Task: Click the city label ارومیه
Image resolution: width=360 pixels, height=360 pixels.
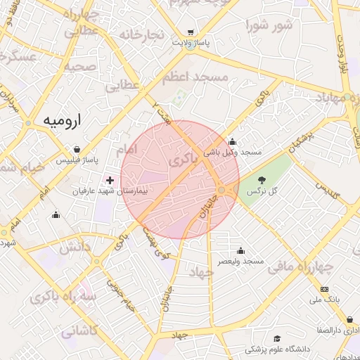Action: click(x=63, y=120)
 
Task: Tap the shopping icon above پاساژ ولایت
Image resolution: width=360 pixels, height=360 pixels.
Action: click(x=191, y=32)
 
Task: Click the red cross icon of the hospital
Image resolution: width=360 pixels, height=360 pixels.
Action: click(x=110, y=181)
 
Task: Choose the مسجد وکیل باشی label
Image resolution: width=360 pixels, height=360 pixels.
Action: click(x=233, y=152)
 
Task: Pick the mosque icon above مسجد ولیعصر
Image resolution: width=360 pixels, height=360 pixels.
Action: click(x=241, y=250)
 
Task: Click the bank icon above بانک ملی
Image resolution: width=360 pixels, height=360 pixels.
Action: click(x=324, y=289)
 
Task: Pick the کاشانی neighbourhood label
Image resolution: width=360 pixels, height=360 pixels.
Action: click(x=78, y=330)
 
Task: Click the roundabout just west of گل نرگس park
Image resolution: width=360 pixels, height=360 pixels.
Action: click(x=222, y=190)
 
